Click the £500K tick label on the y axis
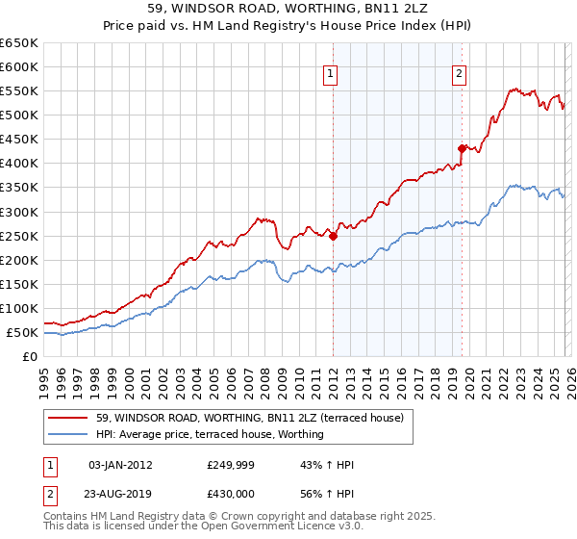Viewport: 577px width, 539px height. coord(19,115)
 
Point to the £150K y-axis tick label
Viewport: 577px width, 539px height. coord(19,285)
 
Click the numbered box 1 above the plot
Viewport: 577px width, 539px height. coord(331,73)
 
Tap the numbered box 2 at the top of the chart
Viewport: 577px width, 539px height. coord(460,73)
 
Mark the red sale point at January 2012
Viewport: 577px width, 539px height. coord(333,235)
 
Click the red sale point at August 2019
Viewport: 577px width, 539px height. coord(462,148)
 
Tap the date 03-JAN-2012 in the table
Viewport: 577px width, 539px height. coord(120,465)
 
